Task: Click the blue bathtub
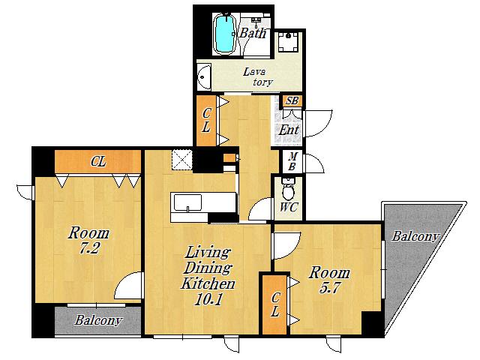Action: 225,34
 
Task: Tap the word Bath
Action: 253,33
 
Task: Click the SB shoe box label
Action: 292,100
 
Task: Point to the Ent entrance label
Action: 288,130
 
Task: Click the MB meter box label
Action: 292,162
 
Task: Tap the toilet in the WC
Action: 288,189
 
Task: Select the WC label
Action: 289,208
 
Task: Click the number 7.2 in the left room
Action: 88,248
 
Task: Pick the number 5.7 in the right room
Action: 329,288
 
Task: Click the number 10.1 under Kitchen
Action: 208,300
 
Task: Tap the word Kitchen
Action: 208,283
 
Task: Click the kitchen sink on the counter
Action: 187,202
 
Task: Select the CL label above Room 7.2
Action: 98,161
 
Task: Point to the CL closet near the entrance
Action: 206,121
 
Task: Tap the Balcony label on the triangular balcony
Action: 415,237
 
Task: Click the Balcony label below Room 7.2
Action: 98,320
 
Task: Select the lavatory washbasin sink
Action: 203,76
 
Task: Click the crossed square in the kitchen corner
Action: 181,159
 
